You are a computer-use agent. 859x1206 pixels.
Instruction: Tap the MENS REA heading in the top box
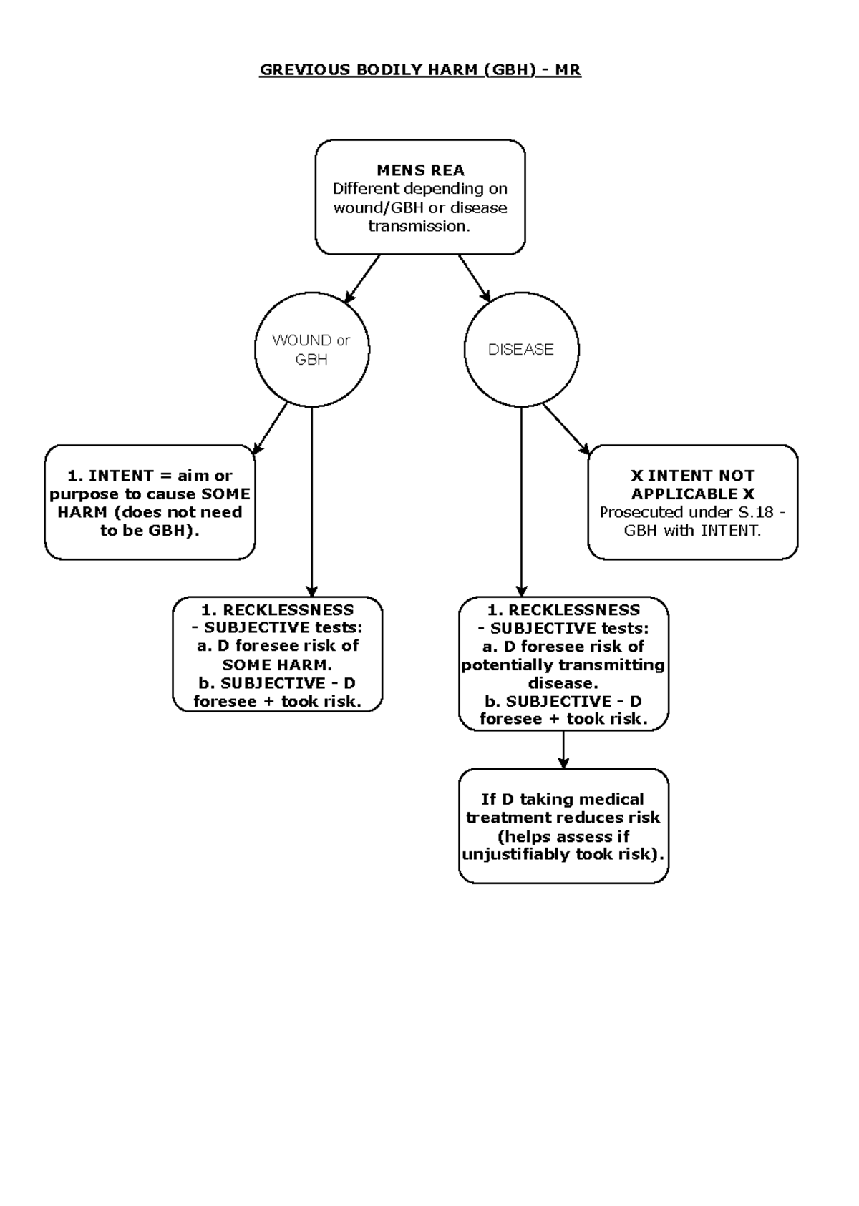pyautogui.click(x=420, y=170)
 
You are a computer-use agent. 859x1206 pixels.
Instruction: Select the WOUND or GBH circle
pyautogui.click(x=311, y=350)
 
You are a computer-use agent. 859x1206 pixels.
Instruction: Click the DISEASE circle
pyautogui.click(x=521, y=350)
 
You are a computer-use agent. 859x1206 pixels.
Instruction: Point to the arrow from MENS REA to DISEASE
pyautogui.click(x=475, y=278)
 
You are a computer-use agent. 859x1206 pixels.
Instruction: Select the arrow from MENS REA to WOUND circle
pyautogui.click(x=363, y=279)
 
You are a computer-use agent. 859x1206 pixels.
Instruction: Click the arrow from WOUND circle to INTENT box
pyautogui.click(x=271, y=427)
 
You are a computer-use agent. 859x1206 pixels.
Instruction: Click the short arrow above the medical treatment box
pyautogui.click(x=563, y=750)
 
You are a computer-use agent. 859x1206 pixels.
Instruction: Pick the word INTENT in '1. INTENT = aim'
pyautogui.click(x=120, y=476)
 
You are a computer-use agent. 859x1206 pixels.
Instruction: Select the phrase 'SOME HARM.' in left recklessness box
pyautogui.click(x=277, y=665)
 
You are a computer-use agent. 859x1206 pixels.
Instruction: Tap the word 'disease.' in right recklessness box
pyautogui.click(x=563, y=683)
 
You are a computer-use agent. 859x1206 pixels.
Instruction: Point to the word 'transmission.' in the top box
pyautogui.click(x=419, y=226)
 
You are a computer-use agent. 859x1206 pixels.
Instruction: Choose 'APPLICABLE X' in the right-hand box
pyautogui.click(x=692, y=494)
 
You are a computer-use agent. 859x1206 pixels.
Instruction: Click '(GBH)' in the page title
pyautogui.click(x=509, y=70)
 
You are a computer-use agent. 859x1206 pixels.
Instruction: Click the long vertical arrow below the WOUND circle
pyautogui.click(x=311, y=501)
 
